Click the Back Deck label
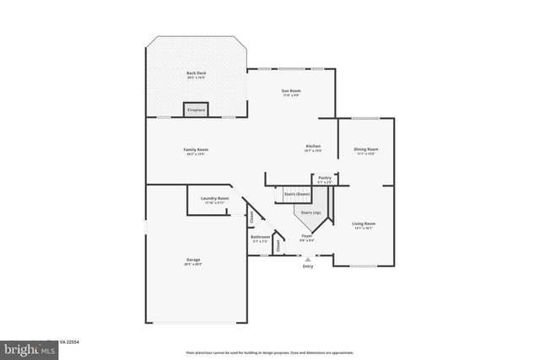click(x=196, y=74)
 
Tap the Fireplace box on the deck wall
click(x=196, y=110)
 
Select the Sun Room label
click(x=291, y=90)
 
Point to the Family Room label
click(x=196, y=150)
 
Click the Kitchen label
click(x=313, y=147)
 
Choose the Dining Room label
click(x=365, y=150)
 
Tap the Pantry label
click(x=325, y=178)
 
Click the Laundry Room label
click(x=214, y=199)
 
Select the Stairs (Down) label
click(x=296, y=195)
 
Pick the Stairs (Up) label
click(x=310, y=212)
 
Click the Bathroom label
click(x=260, y=237)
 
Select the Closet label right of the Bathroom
click(x=278, y=244)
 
